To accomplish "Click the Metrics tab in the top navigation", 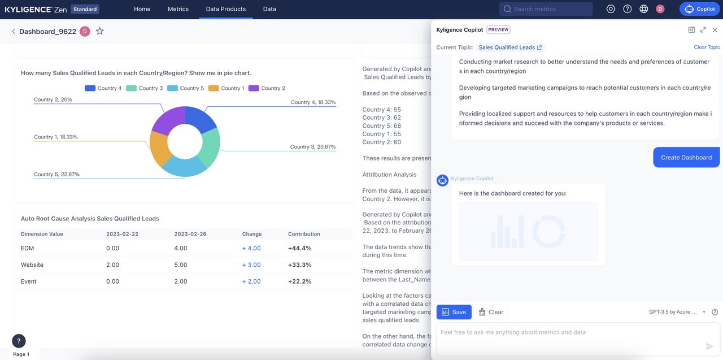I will (178, 9).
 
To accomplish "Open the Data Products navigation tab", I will (225, 9).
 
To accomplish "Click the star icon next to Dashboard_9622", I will (100, 32).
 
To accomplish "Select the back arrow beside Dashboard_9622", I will (14, 32).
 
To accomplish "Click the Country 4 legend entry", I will (103, 88).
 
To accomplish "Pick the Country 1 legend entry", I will (227, 88).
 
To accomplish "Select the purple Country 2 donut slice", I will (168, 118).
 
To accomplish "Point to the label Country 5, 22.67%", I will (56, 174).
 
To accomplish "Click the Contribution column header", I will (304, 234).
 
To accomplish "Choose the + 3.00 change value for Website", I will (251, 264).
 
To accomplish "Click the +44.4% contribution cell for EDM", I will (299, 248).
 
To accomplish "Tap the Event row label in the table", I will (29, 281).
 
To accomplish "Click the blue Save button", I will (454, 312).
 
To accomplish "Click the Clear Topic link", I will (707, 47).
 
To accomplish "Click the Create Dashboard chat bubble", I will (686, 158).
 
